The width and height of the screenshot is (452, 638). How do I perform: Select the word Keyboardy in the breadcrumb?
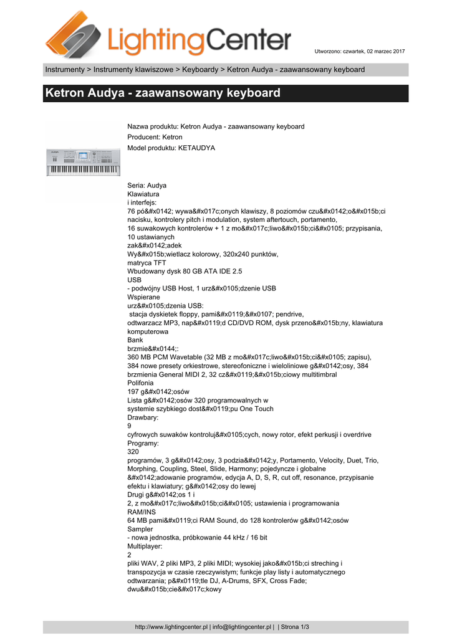pos(201,69)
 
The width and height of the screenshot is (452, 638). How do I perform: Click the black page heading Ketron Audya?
pos(163,93)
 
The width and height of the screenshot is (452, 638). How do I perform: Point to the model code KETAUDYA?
pos(197,148)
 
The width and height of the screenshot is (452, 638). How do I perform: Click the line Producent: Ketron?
pos(155,137)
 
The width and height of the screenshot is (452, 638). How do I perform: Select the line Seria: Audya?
pos(147,186)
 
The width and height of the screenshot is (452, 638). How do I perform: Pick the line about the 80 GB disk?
pos(185,272)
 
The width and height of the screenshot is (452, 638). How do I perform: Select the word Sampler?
pos(141,529)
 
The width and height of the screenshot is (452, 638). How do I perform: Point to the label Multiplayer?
pos(145,546)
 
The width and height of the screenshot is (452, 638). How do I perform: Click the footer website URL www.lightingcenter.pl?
pos(171,627)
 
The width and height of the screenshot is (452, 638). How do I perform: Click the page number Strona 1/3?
pos(296,627)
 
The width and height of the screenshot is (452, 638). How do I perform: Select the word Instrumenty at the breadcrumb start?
pos(64,69)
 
